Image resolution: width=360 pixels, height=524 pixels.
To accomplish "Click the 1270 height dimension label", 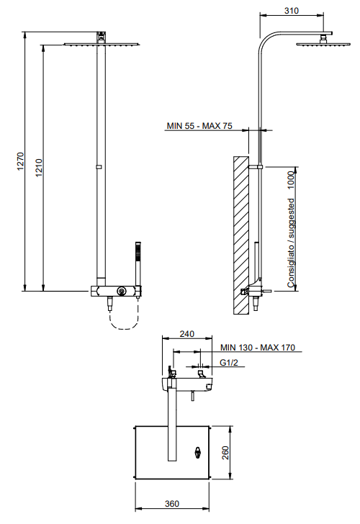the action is (21, 161).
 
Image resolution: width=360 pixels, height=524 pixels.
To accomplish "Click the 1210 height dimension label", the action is (39, 168).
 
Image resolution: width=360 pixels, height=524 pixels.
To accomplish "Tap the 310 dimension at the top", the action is (292, 11).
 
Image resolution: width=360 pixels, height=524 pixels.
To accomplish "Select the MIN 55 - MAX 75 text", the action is (199, 126).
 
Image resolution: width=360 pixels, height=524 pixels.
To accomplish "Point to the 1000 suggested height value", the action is (292, 180).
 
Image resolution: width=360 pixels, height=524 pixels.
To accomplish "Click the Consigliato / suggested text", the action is (292, 243).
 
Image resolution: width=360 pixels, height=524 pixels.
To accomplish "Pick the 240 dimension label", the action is (187, 334).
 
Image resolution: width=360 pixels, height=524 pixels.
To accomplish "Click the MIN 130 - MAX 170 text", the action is (257, 348).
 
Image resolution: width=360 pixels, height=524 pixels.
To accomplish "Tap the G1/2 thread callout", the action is (229, 363).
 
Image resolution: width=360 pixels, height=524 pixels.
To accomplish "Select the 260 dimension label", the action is (225, 453).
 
